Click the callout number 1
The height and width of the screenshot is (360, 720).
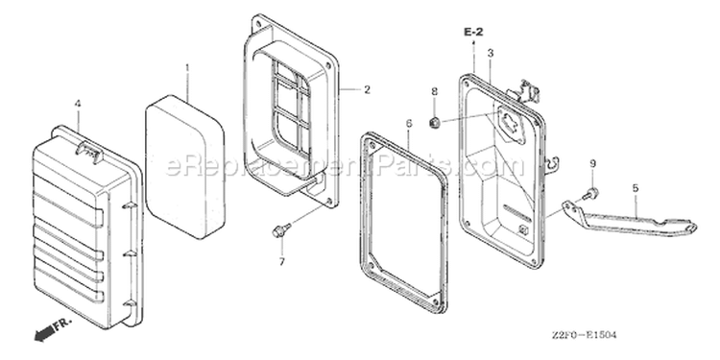pos(187,68)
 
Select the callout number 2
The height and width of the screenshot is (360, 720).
pos(367,89)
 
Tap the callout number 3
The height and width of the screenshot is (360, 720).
pos(491,53)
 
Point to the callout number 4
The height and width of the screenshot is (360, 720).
pos(78,105)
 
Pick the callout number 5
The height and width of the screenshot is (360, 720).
pos(636,187)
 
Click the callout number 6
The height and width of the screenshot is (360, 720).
pos(409,123)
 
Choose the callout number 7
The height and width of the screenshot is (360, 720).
pos(282,262)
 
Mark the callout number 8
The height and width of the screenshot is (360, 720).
pos(434,91)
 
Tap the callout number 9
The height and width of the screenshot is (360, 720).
pos(593,163)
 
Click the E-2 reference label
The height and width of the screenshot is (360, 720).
pos(473,32)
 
